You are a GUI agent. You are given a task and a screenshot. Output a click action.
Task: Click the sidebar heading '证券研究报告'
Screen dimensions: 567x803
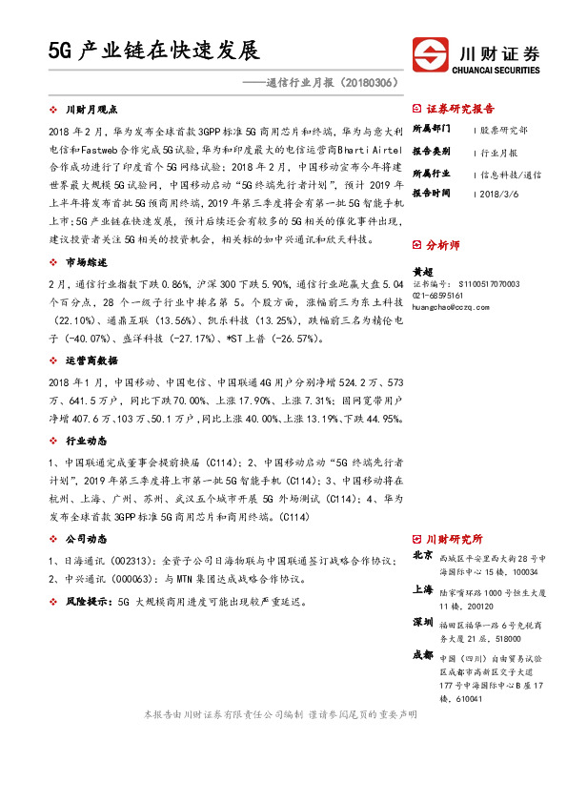461,109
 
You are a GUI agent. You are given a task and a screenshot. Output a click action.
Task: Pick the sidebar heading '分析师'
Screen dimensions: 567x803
443,245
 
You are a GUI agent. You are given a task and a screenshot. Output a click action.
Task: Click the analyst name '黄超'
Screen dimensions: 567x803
421,272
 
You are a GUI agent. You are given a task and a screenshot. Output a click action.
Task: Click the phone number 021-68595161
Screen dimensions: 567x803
438,296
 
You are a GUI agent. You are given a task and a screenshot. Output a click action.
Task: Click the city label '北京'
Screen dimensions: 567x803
423,555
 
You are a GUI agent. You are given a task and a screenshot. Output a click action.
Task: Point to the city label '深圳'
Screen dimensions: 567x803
423,622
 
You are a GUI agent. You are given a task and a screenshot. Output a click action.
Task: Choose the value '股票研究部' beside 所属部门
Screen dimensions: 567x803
504,128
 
